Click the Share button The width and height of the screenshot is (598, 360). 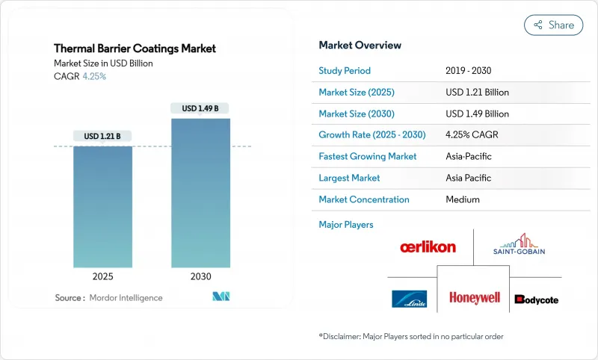553,25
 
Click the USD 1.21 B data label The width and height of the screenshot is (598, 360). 102,136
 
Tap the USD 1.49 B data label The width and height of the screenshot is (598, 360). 200,108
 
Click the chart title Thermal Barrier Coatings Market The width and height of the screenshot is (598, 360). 135,49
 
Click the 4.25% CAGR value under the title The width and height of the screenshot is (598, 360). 93,77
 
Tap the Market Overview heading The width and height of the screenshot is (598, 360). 360,46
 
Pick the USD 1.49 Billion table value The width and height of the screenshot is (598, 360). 477,114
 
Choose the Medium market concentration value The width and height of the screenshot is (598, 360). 462,199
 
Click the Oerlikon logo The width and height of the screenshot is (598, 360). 428,247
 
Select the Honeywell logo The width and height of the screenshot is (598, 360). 474,297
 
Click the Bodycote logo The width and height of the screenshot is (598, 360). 536,300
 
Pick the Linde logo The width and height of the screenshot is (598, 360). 409,299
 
